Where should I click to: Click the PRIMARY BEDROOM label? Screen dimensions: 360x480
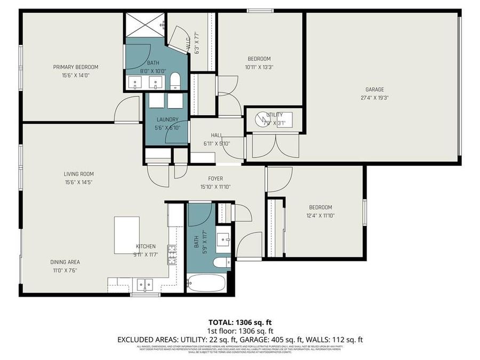tap(75, 67)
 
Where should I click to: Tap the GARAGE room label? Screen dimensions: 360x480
tap(374, 90)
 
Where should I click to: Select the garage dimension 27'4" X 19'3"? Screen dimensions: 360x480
tap(374, 98)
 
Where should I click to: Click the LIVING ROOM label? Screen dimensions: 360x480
tap(78, 174)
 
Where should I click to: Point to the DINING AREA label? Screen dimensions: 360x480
tap(65, 262)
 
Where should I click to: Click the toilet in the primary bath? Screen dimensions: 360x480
tap(175, 82)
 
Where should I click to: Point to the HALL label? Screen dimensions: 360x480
tap(215, 135)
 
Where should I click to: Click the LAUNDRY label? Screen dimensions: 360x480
tap(167, 119)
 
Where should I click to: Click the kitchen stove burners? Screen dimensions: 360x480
tap(172, 255)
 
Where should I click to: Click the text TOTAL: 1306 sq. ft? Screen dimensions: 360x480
tap(239, 322)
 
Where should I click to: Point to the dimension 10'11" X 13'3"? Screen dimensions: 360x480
tap(259, 67)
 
